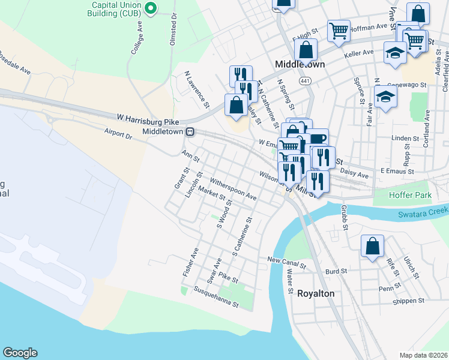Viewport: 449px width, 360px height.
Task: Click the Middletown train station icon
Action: click(x=189, y=132)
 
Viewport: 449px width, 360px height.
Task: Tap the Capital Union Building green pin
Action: click(x=151, y=8)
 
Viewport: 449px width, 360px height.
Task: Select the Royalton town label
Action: click(x=316, y=293)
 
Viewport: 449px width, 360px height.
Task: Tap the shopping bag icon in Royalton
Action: click(x=372, y=246)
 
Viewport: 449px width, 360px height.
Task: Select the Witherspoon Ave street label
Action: click(x=233, y=188)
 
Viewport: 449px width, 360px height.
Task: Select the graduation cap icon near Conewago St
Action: click(x=385, y=97)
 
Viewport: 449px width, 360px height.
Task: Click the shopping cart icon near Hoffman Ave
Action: click(x=339, y=31)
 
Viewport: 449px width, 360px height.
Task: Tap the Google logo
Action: click(x=20, y=353)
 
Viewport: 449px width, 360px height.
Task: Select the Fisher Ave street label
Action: click(x=190, y=262)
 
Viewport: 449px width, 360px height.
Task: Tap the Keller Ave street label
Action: click(x=359, y=55)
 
